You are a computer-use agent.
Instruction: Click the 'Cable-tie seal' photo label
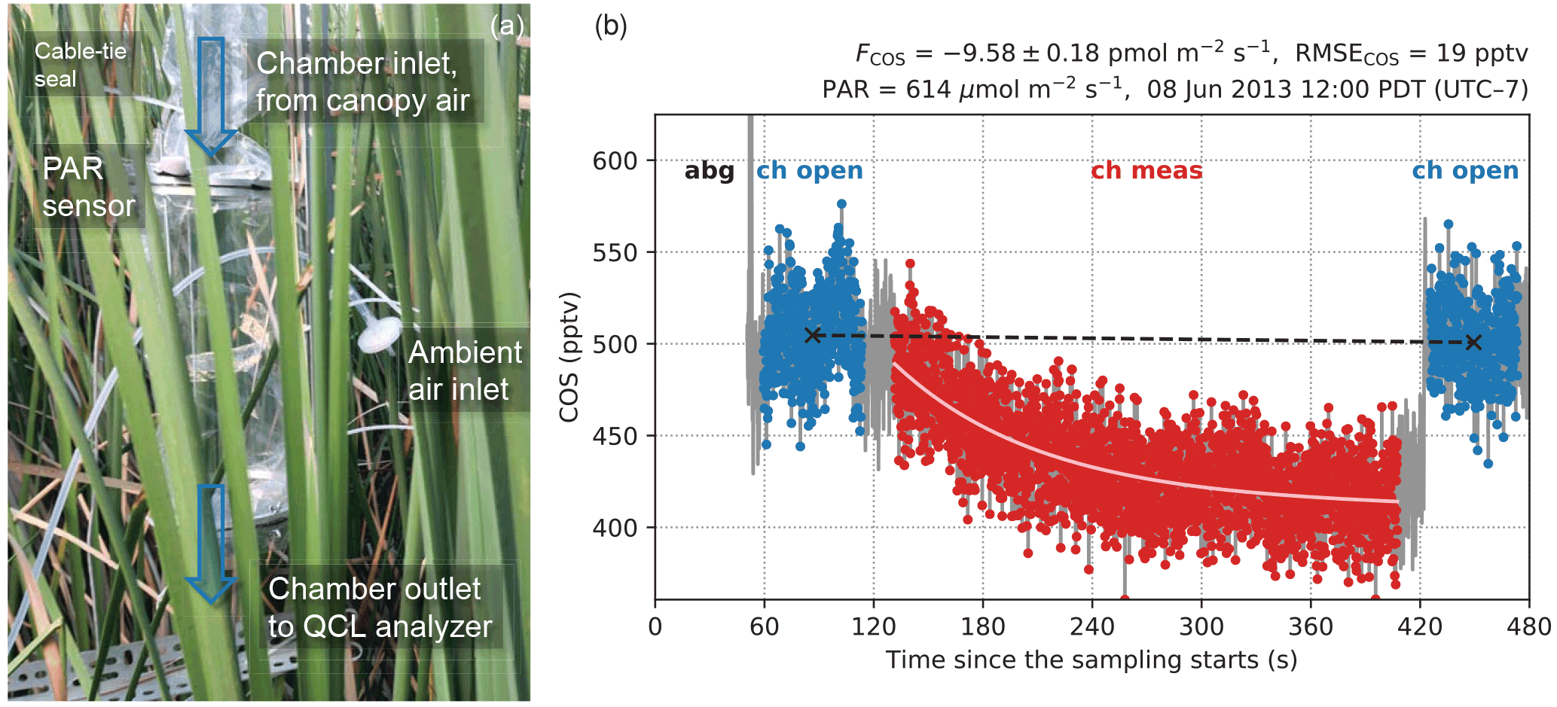80,65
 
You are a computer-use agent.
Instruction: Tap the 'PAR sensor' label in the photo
88,187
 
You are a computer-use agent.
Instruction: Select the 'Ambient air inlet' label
464,370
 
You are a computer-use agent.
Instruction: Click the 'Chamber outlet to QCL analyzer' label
380,607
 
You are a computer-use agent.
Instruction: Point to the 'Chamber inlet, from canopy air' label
362,81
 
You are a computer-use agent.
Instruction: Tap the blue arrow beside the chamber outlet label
211,542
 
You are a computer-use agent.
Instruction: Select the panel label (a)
506,26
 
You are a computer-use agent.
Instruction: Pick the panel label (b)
610,26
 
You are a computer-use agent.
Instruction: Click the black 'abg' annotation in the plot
709,171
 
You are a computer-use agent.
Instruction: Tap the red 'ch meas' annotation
1146,171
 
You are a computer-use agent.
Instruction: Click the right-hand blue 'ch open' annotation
1465,171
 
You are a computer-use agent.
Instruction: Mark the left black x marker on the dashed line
812,335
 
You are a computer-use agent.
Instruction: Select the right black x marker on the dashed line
1473,343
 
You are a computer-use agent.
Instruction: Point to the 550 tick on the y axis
615,253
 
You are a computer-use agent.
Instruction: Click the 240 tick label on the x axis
1091,626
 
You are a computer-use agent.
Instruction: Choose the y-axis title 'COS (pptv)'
569,357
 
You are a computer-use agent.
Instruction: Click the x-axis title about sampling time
1091,660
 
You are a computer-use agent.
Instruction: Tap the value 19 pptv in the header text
1482,53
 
